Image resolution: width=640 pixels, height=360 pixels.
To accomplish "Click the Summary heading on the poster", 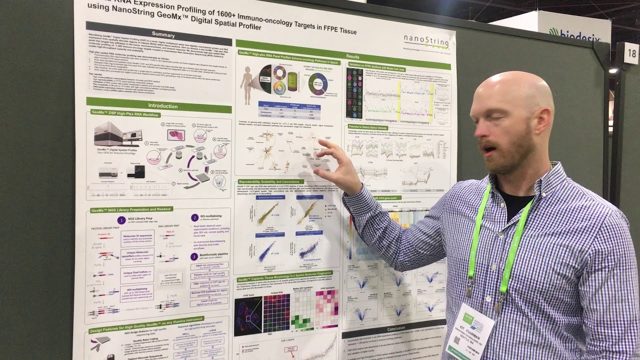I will coord(163,34).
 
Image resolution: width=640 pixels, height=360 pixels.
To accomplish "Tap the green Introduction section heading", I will coord(162,105).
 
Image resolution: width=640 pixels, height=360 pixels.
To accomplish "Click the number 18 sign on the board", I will coord(631,53).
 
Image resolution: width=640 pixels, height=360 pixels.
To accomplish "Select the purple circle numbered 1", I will coord(121,220).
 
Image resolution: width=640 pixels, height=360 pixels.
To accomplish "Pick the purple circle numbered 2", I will coord(194,217).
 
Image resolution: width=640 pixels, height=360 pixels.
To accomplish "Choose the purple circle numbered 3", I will coord(194,256).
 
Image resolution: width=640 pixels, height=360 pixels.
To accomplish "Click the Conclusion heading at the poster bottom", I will coord(396,329).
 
